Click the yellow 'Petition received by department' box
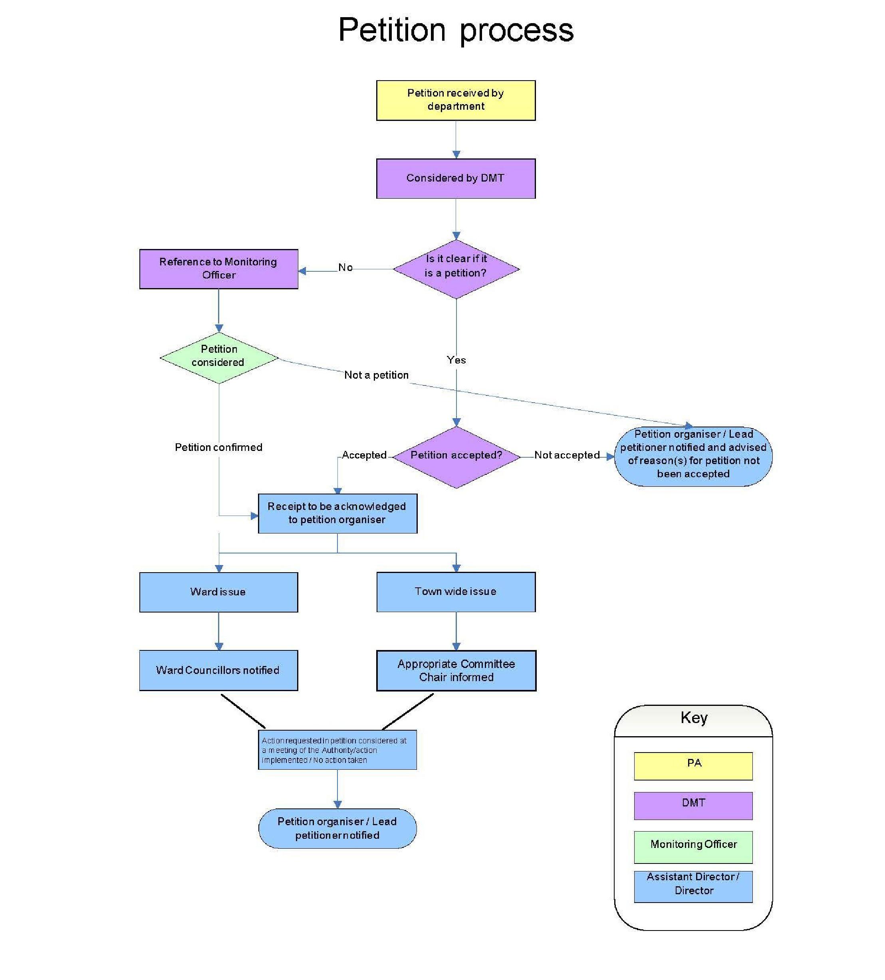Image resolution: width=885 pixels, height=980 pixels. (x=456, y=100)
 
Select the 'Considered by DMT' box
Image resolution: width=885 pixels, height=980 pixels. (x=456, y=178)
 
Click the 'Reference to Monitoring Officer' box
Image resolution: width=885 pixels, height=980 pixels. (x=218, y=269)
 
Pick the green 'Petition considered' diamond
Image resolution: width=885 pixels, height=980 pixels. (x=218, y=357)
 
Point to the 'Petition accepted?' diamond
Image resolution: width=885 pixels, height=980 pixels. (x=456, y=457)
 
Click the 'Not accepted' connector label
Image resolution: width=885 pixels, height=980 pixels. (x=566, y=455)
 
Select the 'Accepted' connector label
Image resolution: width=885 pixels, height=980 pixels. (x=364, y=455)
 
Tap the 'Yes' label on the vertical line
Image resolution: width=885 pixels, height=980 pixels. (x=456, y=360)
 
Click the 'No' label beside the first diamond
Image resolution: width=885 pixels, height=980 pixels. (x=345, y=267)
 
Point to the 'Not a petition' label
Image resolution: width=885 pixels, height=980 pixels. (x=376, y=375)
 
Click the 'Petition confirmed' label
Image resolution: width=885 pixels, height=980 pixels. (x=218, y=447)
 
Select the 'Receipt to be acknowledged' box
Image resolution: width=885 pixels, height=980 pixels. (x=337, y=513)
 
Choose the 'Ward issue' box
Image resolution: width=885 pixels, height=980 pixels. (x=218, y=592)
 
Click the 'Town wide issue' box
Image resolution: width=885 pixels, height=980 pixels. (x=456, y=591)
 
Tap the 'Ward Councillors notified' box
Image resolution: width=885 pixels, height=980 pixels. (x=218, y=670)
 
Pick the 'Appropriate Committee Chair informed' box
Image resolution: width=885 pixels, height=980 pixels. (x=456, y=670)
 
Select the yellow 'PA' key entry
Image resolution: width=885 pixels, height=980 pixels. (x=693, y=766)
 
